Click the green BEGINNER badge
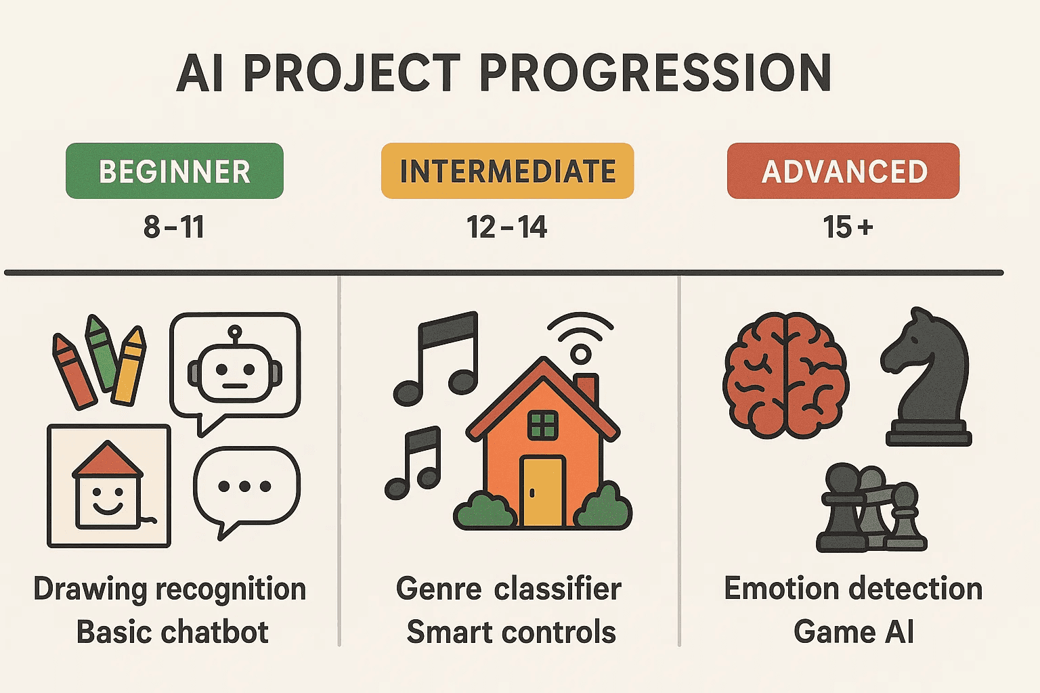point(175,171)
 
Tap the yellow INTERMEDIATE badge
point(507,171)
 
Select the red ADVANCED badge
point(843,171)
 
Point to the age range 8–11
point(173,227)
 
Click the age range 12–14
point(507,227)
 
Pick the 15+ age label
point(848,227)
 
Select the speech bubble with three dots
point(246,487)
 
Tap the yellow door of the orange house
point(542,491)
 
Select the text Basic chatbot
point(172,632)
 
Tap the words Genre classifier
point(508,589)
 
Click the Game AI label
point(853,632)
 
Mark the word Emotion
point(782,589)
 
